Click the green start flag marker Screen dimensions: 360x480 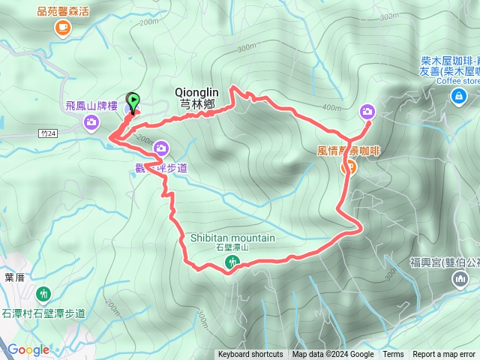pyautogui.click(x=133, y=100)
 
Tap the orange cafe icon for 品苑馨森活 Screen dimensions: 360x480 pyautogui.click(x=62, y=28)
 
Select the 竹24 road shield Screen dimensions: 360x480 pyautogui.click(x=47, y=133)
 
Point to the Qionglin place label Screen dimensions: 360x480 pyautogui.click(x=196, y=92)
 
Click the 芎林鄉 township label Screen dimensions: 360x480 pyautogui.click(x=197, y=105)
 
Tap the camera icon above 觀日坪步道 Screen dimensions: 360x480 pyautogui.click(x=160, y=150)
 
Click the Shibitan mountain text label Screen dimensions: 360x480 pyautogui.click(x=232, y=238)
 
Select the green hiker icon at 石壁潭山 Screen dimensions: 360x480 pyautogui.click(x=232, y=262)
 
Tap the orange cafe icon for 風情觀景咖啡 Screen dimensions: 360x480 pyautogui.click(x=348, y=167)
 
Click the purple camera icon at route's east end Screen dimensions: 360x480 pyautogui.click(x=367, y=112)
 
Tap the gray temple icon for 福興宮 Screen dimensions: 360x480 pyautogui.click(x=459, y=280)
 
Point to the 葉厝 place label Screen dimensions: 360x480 pyautogui.click(x=15, y=277)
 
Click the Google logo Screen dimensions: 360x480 pyautogui.click(x=28, y=349)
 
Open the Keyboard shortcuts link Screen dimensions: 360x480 pyautogui.click(x=250, y=355)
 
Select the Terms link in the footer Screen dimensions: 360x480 pyautogui.click(x=393, y=355)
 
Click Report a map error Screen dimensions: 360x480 pyautogui.click(x=444, y=355)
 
